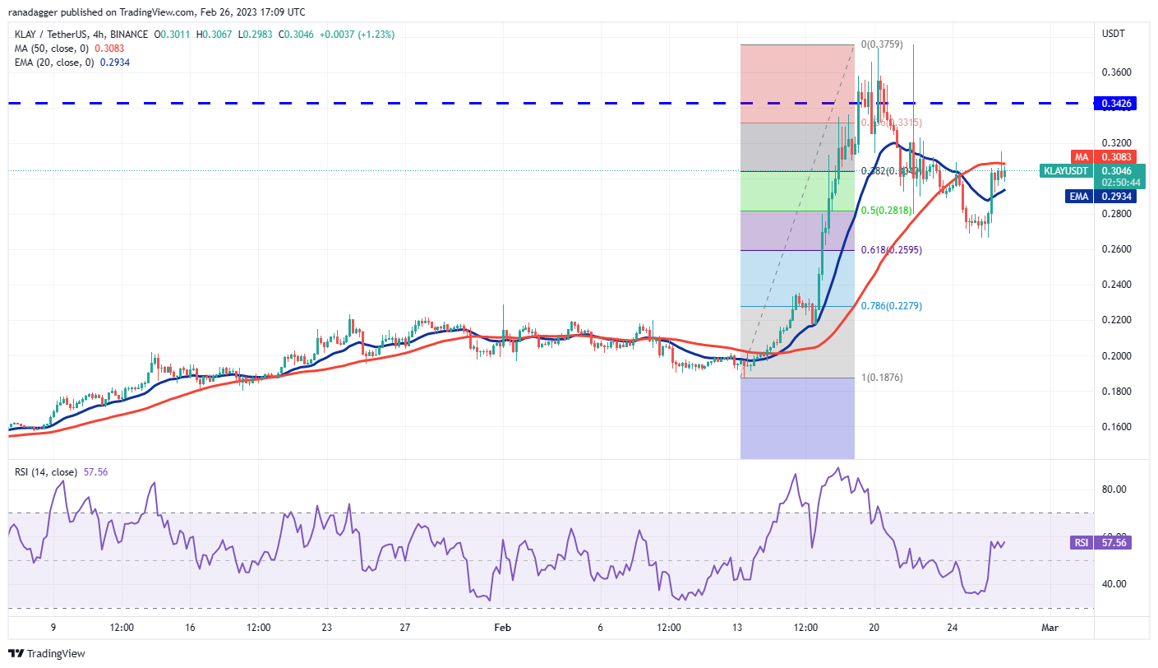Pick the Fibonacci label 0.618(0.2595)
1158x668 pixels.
[x=892, y=249]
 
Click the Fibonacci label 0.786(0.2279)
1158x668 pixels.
[x=892, y=306]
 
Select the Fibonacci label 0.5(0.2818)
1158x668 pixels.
[x=888, y=211]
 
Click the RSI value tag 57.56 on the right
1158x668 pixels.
[x=1114, y=543]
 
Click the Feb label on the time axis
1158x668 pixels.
[x=502, y=628]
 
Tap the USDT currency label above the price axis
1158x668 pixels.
[x=1112, y=34]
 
